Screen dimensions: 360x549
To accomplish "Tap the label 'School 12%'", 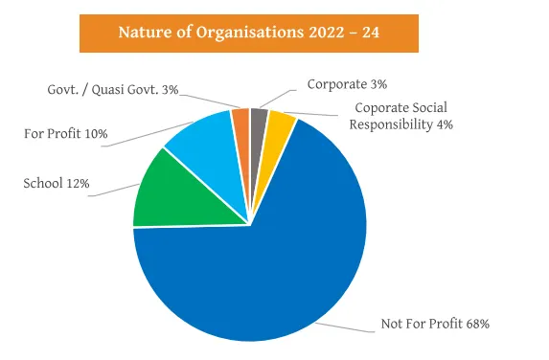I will coord(57,183).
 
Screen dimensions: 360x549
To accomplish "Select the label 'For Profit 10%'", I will coord(67,133).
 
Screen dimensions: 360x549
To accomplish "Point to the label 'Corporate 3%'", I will coord(347,84).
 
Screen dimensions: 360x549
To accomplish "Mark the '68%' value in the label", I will coord(476,325).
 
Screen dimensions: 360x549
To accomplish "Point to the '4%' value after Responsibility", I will coord(444,124).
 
